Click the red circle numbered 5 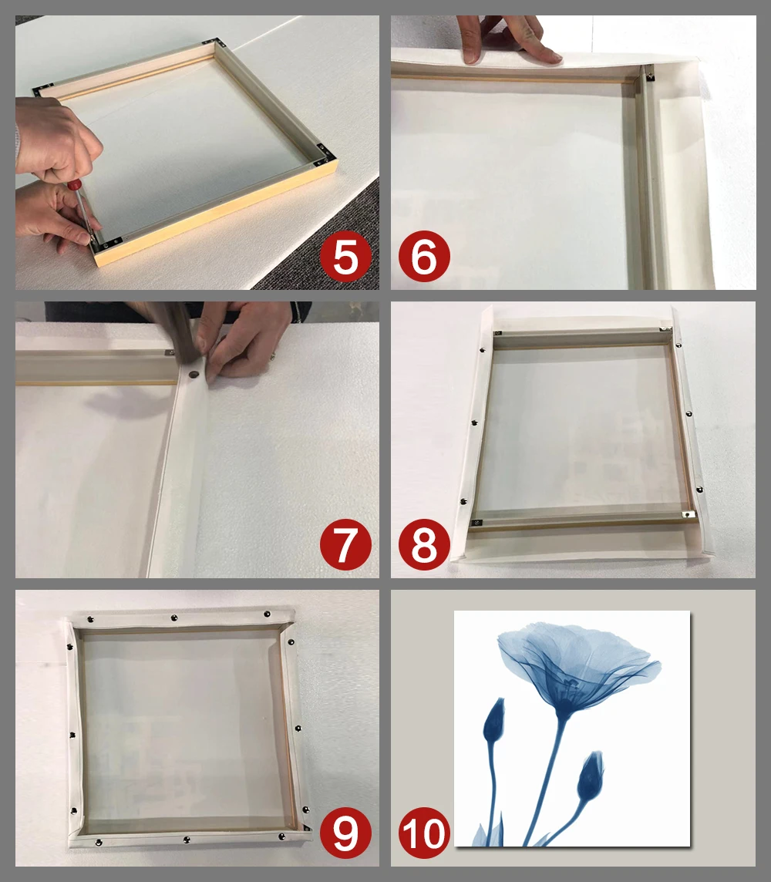pos(346,257)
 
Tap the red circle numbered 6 pos(424,257)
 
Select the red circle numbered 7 pos(346,544)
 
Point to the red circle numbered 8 pos(424,544)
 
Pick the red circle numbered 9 pos(346,833)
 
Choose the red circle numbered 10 pos(424,833)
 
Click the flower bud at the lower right pos(591,776)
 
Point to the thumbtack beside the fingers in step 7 pos(194,373)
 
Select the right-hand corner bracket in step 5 pos(323,155)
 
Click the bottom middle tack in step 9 pos(187,840)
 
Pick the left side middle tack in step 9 pos(72,736)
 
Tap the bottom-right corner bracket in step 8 pos(687,514)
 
